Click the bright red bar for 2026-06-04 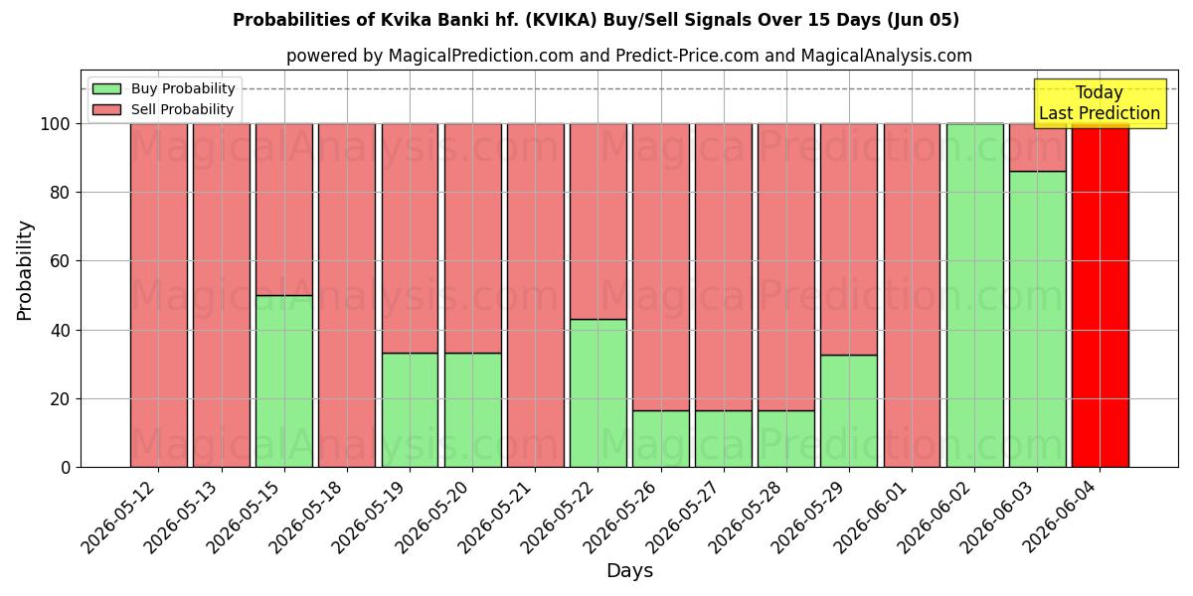pyautogui.click(x=1101, y=296)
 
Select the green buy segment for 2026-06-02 pyautogui.click(x=974, y=296)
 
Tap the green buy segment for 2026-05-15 pyautogui.click(x=284, y=381)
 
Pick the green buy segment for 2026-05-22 pyautogui.click(x=598, y=393)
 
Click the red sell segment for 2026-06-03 pyautogui.click(x=1038, y=147)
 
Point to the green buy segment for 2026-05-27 pyautogui.click(x=724, y=439)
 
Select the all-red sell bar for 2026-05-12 pyautogui.click(x=159, y=296)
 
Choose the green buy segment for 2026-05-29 pyautogui.click(x=849, y=411)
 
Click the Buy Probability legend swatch pyautogui.click(x=106, y=88)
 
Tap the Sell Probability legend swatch pyautogui.click(x=106, y=109)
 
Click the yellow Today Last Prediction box pyautogui.click(x=1100, y=103)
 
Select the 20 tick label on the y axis pyautogui.click(x=60, y=399)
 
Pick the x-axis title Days pyautogui.click(x=629, y=571)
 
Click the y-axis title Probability pyautogui.click(x=25, y=270)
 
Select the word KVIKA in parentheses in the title pyautogui.click(x=564, y=20)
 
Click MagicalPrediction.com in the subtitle pyautogui.click(x=481, y=56)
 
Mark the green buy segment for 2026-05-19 pyautogui.click(x=410, y=410)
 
